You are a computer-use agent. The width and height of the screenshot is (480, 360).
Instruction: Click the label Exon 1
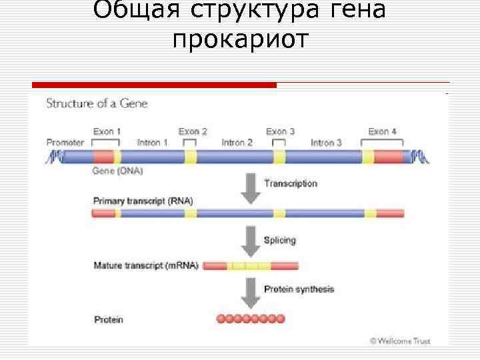pos(107,131)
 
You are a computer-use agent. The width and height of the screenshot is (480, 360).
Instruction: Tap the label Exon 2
pos(193,131)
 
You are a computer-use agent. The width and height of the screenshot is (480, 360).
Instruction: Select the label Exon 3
pos(280,131)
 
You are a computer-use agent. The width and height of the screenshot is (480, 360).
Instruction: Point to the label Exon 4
pos(383,131)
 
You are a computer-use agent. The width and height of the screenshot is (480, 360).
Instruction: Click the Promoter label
pos(65,142)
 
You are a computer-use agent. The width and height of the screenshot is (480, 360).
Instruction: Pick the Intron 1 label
pos(152,142)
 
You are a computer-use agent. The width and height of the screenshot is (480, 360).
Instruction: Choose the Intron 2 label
pos(237,142)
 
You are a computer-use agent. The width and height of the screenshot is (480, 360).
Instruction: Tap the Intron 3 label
pos(326,142)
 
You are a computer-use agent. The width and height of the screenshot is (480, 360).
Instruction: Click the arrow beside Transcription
pos(251,188)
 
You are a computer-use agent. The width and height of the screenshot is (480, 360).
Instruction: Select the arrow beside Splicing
pos(251,241)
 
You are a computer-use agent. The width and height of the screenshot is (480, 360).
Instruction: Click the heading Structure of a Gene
pos(96,103)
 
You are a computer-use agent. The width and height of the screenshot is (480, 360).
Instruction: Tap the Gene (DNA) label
pos(117,171)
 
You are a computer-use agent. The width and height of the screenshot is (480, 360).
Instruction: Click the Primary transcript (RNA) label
pos(139,201)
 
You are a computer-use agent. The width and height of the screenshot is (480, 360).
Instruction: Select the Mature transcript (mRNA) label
pos(145,265)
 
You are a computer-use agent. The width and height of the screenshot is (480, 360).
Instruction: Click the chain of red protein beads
pos(251,319)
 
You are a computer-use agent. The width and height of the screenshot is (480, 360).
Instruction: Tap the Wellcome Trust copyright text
pos(400,341)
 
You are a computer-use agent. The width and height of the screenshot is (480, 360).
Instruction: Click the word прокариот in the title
pos(240,40)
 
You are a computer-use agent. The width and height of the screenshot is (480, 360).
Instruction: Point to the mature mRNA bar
pos(251,265)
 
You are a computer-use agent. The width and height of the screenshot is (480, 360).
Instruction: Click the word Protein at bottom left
pos(108,319)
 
